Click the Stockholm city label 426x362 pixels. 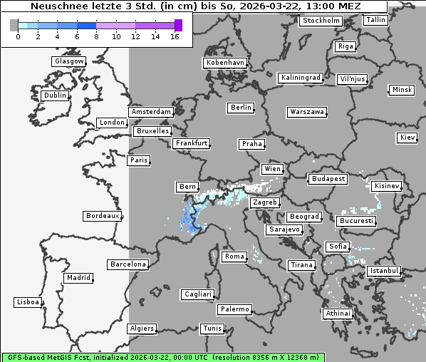tap(321, 21)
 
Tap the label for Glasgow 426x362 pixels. tap(69, 61)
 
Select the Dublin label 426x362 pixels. tap(55, 95)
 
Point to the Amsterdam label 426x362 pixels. tap(151, 112)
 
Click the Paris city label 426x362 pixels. tap(139, 160)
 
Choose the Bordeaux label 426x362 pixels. tap(102, 215)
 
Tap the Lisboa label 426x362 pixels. tap(28, 302)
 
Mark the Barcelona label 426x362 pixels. tap(128, 264)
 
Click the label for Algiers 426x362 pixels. tap(141, 329)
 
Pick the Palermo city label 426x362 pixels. tap(234, 309)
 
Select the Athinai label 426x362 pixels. tap(338, 314)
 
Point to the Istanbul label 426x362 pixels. tap(384, 271)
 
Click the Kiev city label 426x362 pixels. tap(407, 138)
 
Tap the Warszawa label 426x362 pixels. tap(307, 112)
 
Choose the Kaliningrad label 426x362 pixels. tap(301, 77)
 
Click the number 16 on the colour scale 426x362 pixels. tap(175, 36)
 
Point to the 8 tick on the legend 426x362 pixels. tap(95, 36)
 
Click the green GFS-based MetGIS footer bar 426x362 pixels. tap(162, 357)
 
